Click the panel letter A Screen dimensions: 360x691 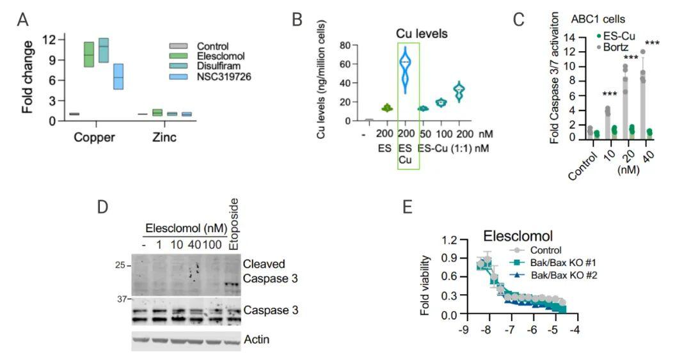(x=22, y=20)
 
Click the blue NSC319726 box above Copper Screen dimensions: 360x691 (x=118, y=76)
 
